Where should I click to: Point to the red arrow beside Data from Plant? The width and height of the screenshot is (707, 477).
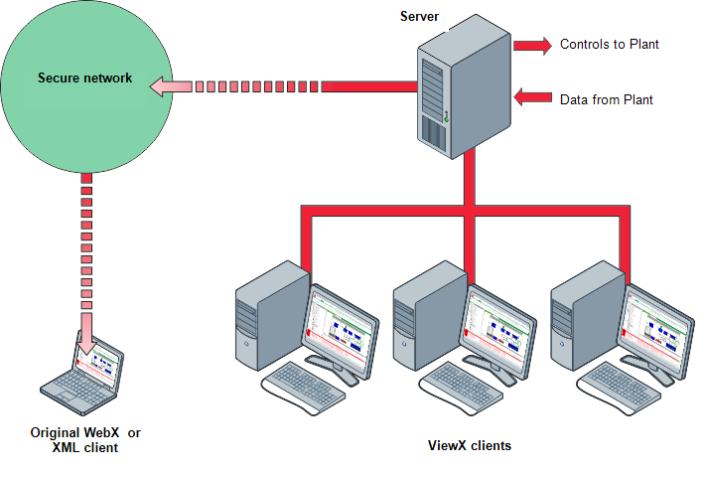(532, 97)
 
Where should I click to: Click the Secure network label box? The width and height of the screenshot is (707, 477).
(85, 87)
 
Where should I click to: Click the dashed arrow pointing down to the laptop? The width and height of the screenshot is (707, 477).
(87, 258)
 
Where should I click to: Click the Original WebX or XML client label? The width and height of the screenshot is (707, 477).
(86, 441)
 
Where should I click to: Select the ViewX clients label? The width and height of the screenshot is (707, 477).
(469, 446)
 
